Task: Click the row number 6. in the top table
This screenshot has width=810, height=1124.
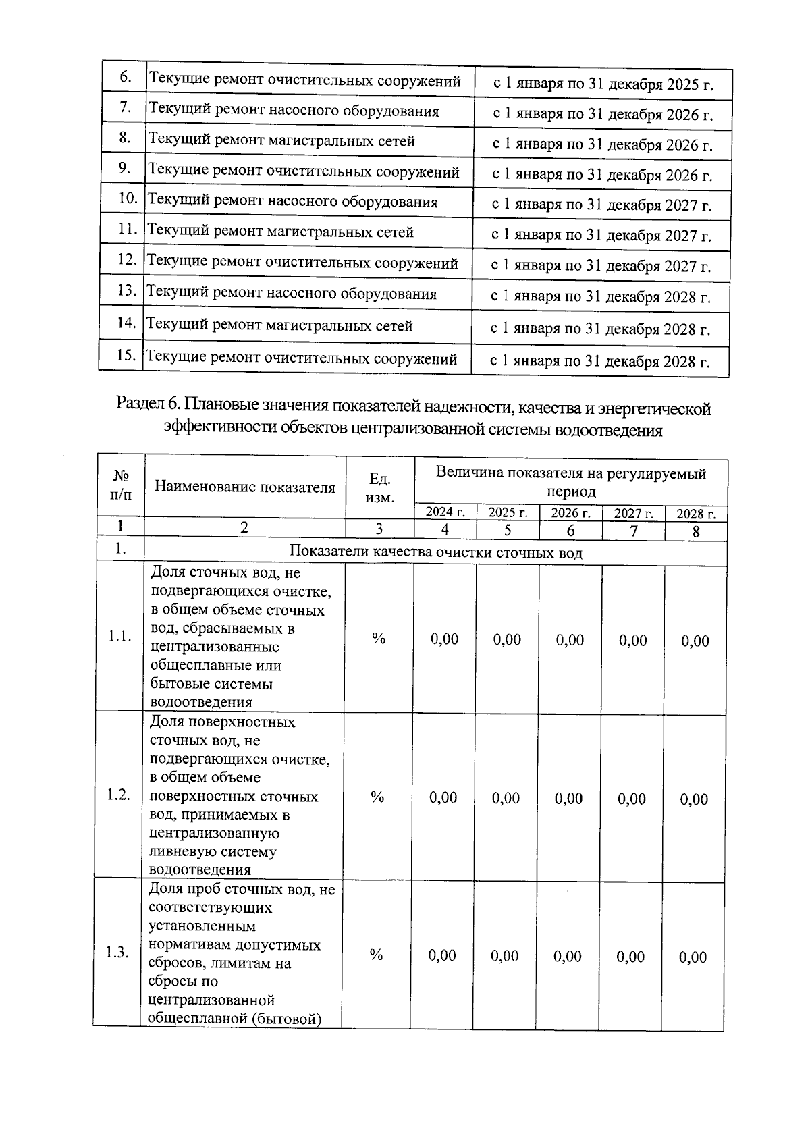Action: click(x=126, y=77)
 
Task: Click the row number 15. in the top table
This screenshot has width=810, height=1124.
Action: click(x=126, y=356)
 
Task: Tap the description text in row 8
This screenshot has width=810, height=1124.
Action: click(x=281, y=141)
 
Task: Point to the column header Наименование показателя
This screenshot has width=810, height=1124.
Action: click(x=244, y=487)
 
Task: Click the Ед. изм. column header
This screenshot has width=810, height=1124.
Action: click(x=381, y=487)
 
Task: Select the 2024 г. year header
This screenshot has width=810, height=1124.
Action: click(x=445, y=512)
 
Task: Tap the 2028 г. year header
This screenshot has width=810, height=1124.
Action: click(x=696, y=514)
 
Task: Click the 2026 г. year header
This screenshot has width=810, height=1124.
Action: click(x=570, y=513)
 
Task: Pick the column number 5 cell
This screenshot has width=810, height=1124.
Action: click(x=508, y=530)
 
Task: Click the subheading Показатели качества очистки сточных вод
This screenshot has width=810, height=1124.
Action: click(x=435, y=552)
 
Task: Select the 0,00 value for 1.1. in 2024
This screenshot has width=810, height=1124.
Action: click(x=444, y=639)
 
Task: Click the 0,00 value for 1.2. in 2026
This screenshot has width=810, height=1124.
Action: click(x=569, y=798)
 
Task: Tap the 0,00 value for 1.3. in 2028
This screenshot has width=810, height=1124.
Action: click(x=693, y=957)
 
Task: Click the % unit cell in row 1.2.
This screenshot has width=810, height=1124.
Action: click(x=377, y=797)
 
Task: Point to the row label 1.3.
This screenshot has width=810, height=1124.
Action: click(x=117, y=953)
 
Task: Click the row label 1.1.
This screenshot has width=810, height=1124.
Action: click(x=120, y=637)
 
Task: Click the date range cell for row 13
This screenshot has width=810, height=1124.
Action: click(x=601, y=296)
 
